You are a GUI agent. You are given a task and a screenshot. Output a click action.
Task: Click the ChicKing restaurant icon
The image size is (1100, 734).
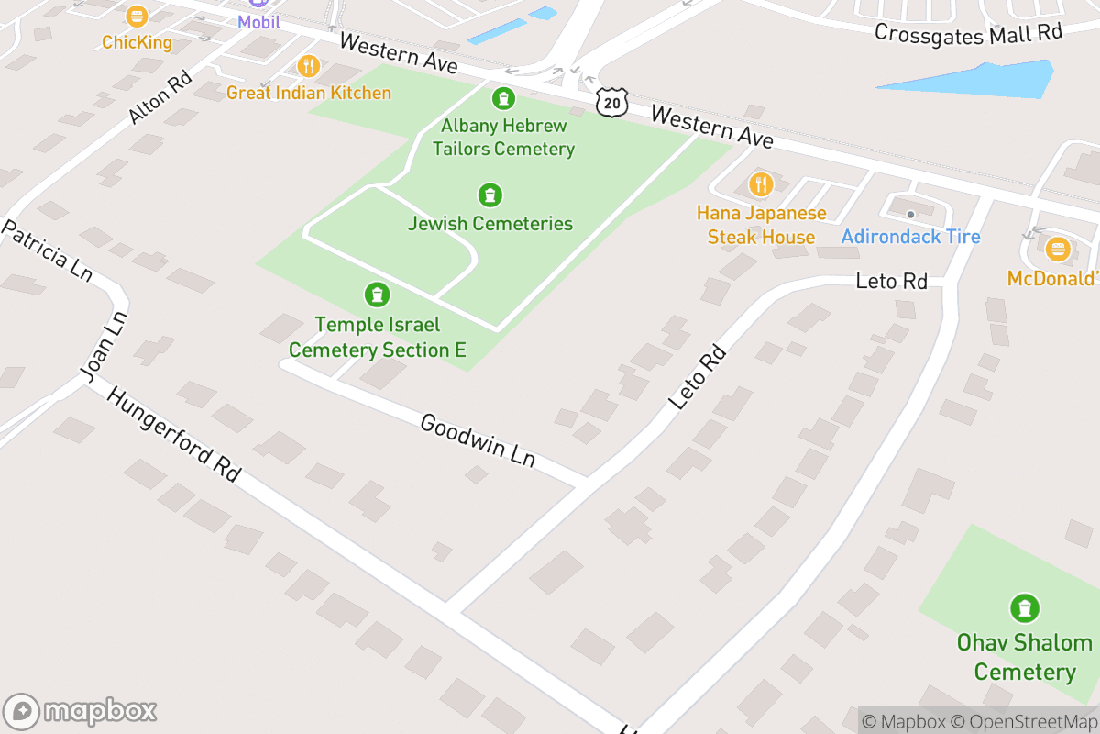click(x=137, y=17)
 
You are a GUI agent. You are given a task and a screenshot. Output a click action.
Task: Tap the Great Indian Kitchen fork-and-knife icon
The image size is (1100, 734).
click(x=308, y=66)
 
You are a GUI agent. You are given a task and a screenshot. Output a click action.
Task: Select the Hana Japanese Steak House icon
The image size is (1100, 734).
click(x=761, y=184)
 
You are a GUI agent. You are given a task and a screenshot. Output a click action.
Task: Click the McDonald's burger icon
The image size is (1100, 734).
click(x=1059, y=249)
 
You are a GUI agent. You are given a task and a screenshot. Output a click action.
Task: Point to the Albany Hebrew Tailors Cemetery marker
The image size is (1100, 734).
click(x=503, y=98)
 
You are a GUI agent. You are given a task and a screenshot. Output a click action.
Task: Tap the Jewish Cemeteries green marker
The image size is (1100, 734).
click(x=490, y=195)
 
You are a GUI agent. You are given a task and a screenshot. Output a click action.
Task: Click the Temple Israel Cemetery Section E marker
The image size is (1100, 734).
click(x=376, y=295)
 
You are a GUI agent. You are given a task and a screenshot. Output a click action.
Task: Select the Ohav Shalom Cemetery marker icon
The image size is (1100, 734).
click(x=1024, y=607)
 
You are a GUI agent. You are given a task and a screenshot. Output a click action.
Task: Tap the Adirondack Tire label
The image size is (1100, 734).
click(x=910, y=237)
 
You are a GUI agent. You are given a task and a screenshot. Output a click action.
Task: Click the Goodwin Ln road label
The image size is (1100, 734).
click(x=477, y=440)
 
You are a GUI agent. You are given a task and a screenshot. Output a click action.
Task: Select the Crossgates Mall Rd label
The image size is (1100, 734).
click(x=967, y=34)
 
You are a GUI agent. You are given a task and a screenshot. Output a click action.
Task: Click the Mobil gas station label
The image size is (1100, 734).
click(x=258, y=21)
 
